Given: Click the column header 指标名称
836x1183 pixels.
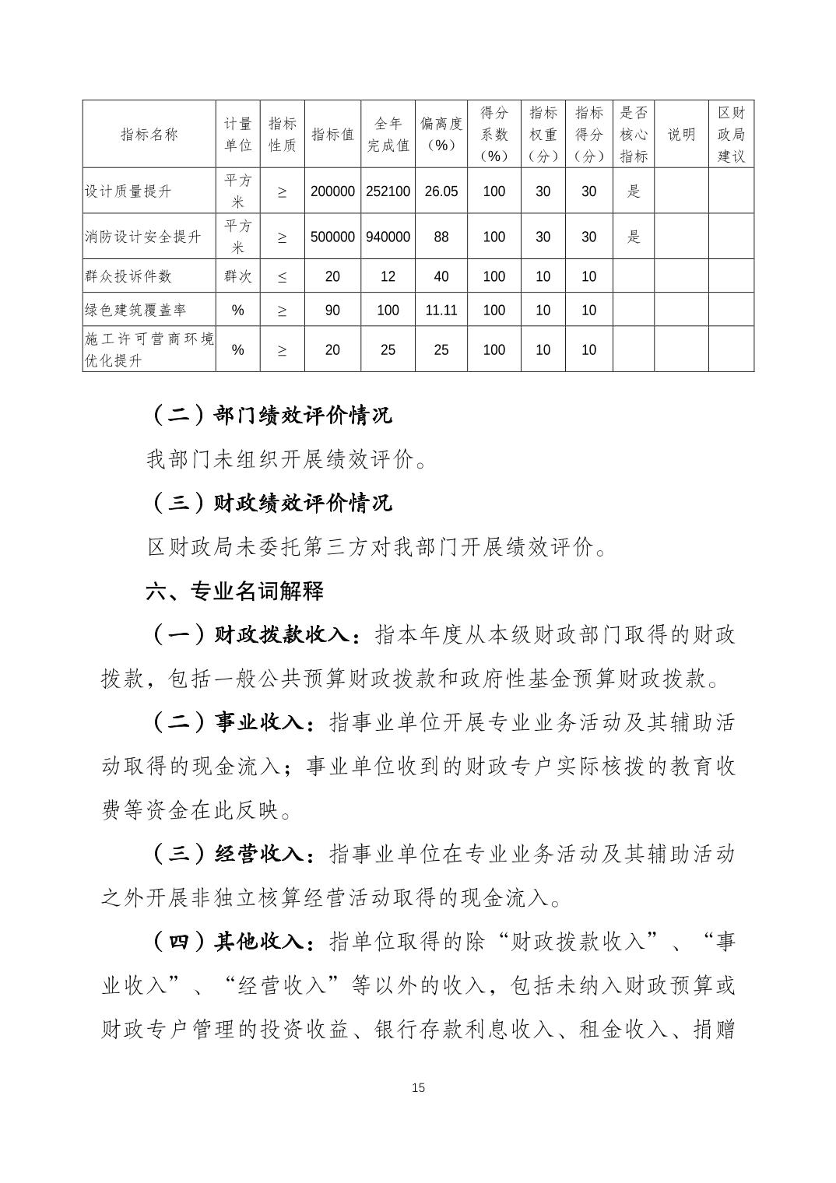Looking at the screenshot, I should [149, 135].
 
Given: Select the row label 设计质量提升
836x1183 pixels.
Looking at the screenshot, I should [128, 191].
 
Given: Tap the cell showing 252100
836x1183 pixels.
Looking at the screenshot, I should [388, 191].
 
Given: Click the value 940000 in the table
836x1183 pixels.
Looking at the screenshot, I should [388, 237].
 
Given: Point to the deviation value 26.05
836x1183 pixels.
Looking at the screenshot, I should [441, 191].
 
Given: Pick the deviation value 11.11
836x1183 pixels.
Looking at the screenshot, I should [441, 310].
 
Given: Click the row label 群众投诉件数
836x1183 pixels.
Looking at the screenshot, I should [128, 276].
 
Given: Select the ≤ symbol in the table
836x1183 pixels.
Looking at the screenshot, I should [282, 276].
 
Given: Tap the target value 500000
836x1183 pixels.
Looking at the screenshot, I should [332, 237].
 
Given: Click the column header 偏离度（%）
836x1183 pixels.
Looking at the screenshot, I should [441, 135].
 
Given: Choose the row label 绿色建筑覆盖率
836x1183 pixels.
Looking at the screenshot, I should [135, 310].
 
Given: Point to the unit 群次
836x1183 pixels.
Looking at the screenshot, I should [237, 276].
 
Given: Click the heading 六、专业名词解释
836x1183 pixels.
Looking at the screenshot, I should [234, 591].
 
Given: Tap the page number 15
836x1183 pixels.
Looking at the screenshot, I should [418, 1087].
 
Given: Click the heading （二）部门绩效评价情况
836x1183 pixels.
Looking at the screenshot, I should [269, 415].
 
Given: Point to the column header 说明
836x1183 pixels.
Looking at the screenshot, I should [681, 135].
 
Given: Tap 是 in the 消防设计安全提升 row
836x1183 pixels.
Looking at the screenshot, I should [633, 237].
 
